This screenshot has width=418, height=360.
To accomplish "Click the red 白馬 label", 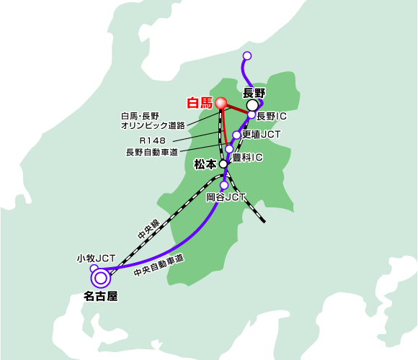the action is tap(200, 103).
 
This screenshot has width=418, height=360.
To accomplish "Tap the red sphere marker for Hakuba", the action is tap(221, 103).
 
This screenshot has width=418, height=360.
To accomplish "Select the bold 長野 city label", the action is tap(254, 93).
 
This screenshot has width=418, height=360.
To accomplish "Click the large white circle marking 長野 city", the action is tap(252, 105).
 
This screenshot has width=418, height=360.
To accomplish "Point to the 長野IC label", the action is tap(272, 116).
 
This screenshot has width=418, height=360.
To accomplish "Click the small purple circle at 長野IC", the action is tap(252, 114).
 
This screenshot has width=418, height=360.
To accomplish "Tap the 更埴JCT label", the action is tap(261, 135).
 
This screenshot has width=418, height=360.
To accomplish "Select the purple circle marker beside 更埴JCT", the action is tap(236, 135).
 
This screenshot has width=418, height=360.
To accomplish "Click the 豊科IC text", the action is tap(247, 158).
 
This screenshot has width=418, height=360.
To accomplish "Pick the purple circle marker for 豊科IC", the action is tap(229, 149).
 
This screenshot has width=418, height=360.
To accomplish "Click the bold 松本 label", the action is tap(205, 164).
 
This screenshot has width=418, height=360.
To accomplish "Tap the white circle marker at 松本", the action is tap(223, 163).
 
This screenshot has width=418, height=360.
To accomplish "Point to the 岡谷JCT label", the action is tap(226, 197).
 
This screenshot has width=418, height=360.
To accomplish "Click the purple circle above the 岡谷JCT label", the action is tap(224, 185).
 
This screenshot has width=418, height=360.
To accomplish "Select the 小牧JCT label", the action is tap(97, 258).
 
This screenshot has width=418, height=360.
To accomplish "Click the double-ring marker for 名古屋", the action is tap(101, 278).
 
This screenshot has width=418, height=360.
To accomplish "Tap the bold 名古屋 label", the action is tap(101, 296).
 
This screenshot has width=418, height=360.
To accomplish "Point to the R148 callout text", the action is tap(153, 140).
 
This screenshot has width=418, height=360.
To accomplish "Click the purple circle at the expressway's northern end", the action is tap(247, 55).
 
